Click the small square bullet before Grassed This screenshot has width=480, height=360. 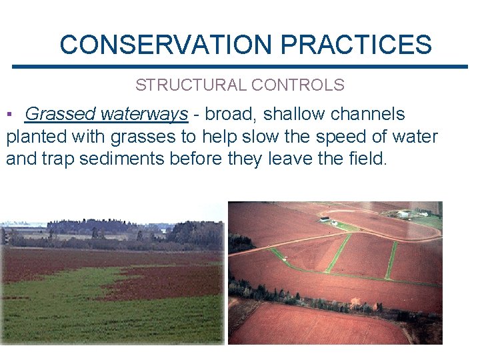(x=9, y=115)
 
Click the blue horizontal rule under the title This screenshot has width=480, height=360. (x=240, y=66)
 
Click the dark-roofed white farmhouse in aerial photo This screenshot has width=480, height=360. (x=325, y=219)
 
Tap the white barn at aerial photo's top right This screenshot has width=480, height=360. (x=403, y=214)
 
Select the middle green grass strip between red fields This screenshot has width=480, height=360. (x=339, y=253)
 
